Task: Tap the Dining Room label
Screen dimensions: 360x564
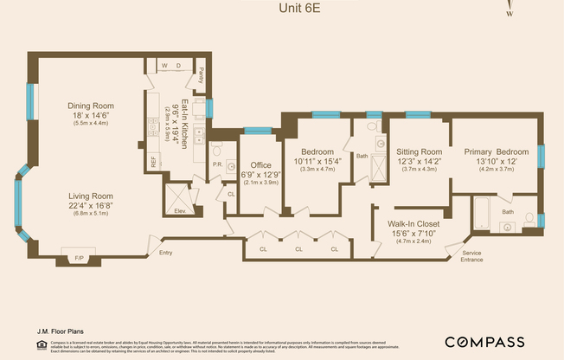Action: pyautogui.click(x=91, y=106)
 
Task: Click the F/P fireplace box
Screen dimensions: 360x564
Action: pyautogui.click(x=80, y=257)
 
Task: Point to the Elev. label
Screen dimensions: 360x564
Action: pyautogui.click(x=180, y=210)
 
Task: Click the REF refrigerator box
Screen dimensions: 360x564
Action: pyautogui.click(x=154, y=161)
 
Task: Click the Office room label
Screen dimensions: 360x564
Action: pyautogui.click(x=260, y=165)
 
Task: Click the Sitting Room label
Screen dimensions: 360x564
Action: pyautogui.click(x=420, y=151)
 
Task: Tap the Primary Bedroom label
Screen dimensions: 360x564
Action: pyautogui.click(x=496, y=151)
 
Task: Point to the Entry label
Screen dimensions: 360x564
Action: pyautogui.click(x=166, y=253)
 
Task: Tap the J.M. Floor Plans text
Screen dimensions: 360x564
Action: pyautogui.click(x=60, y=330)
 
